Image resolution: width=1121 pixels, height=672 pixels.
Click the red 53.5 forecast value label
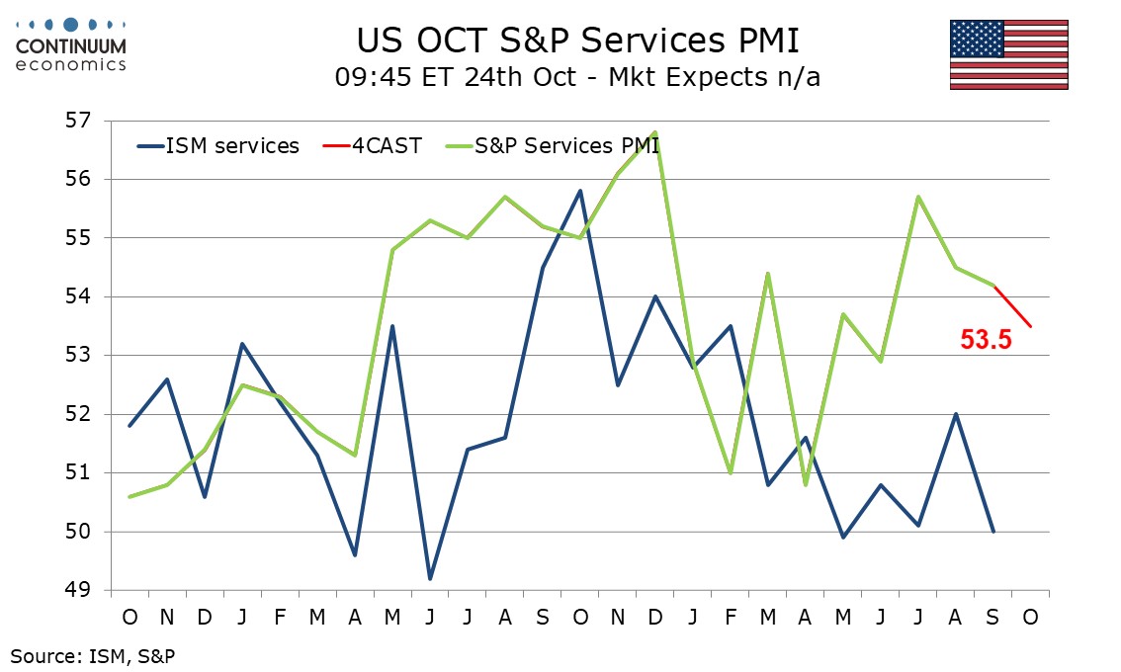(x=986, y=340)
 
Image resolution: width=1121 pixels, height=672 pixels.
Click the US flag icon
(x=1008, y=54)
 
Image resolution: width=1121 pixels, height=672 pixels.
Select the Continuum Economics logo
(x=70, y=43)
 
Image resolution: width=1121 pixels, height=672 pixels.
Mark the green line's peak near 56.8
(x=655, y=131)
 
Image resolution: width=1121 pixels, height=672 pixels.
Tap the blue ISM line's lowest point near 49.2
(x=431, y=578)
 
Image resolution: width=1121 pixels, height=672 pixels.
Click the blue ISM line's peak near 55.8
(x=580, y=191)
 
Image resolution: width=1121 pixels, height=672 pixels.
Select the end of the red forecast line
(x=1031, y=326)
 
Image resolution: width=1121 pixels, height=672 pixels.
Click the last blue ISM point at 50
(x=993, y=532)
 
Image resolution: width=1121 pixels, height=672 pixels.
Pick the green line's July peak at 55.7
(x=918, y=197)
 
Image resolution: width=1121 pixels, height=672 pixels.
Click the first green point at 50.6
(x=130, y=496)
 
